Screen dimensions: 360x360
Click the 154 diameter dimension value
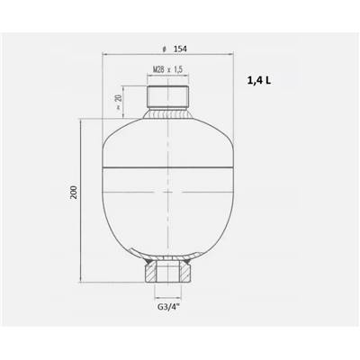[180, 49]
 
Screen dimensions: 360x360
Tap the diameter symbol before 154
[164, 49]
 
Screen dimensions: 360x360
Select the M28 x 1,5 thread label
[167, 70]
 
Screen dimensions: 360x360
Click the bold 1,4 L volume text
[258, 80]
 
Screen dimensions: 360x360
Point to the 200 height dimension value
[74, 193]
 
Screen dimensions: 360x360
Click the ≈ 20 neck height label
[119, 102]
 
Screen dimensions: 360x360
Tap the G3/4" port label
[168, 308]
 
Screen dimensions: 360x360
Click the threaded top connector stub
[168, 96]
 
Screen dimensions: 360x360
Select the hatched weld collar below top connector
[168, 113]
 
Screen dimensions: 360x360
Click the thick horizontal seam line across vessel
[168, 166]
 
